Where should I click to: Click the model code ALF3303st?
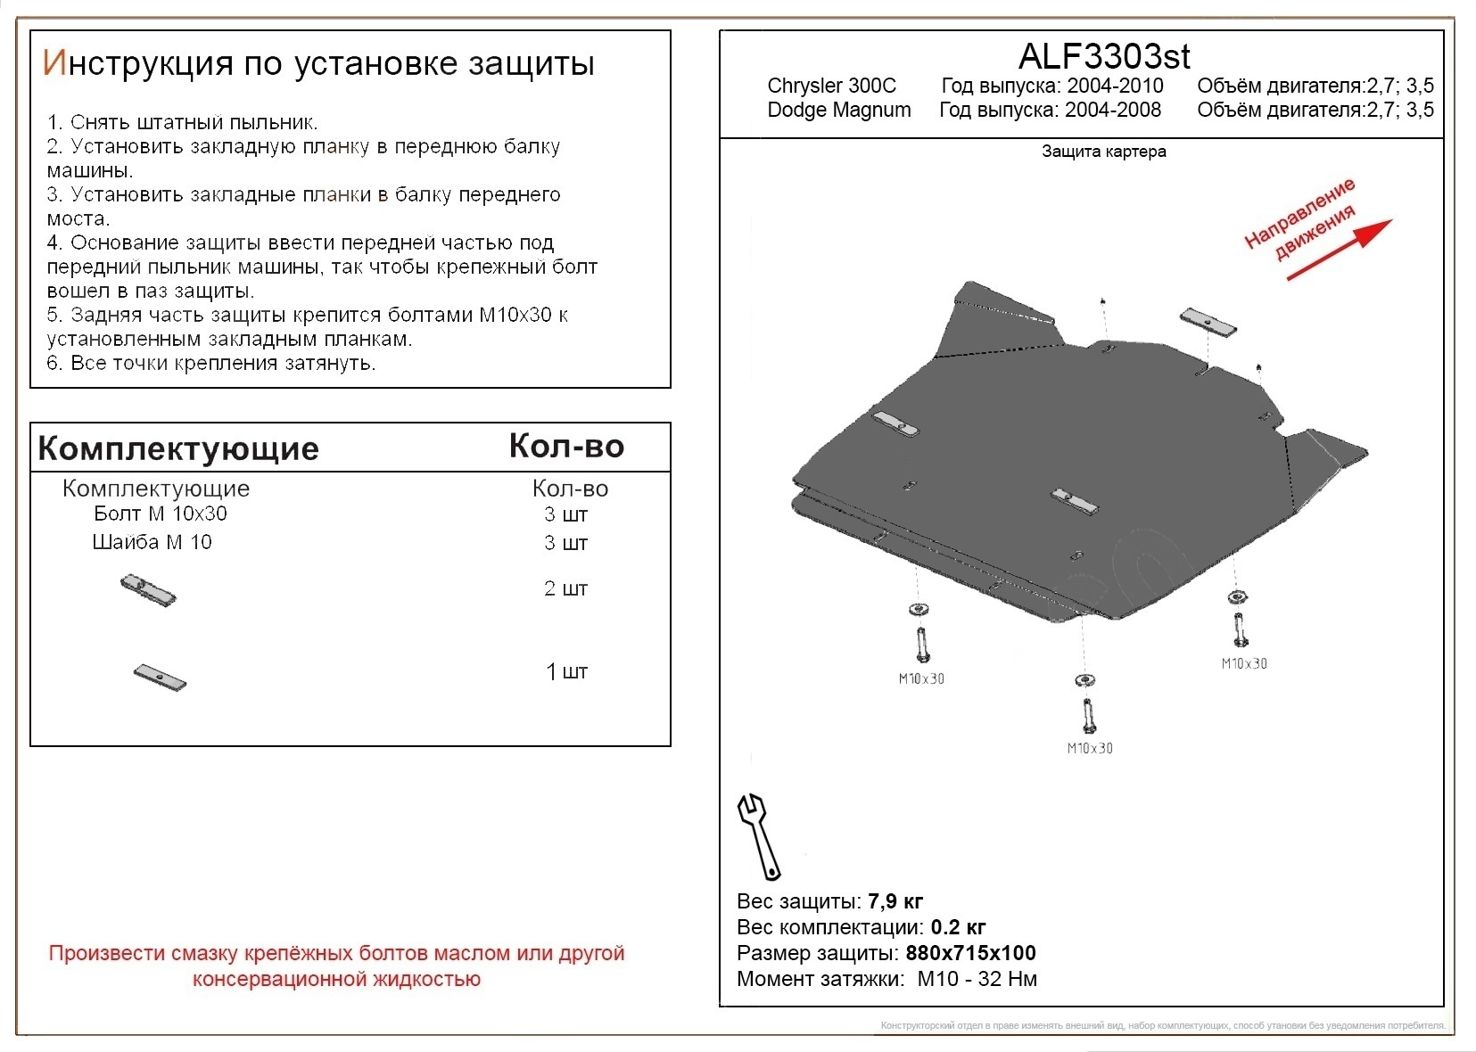[x=1103, y=56]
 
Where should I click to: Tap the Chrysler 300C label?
[x=831, y=86]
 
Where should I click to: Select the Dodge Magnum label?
[x=838, y=110]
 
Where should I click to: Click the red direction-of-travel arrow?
[x=1338, y=251]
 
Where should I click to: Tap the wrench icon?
[x=757, y=835]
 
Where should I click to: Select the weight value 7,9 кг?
[x=895, y=901]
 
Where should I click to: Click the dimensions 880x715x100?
[x=970, y=953]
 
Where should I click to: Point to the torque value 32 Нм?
[x=1007, y=979]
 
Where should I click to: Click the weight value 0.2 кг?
[x=958, y=927]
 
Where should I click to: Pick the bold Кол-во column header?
[x=566, y=446]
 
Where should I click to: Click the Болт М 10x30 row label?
[x=161, y=514]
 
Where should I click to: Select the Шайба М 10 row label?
[x=152, y=542]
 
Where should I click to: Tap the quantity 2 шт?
[x=565, y=588]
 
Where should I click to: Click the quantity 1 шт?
[x=566, y=671]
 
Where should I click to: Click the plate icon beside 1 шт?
[x=160, y=678]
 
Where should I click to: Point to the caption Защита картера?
[x=1103, y=152]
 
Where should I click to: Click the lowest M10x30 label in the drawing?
[x=1089, y=748]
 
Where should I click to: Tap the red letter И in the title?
[x=54, y=63]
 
